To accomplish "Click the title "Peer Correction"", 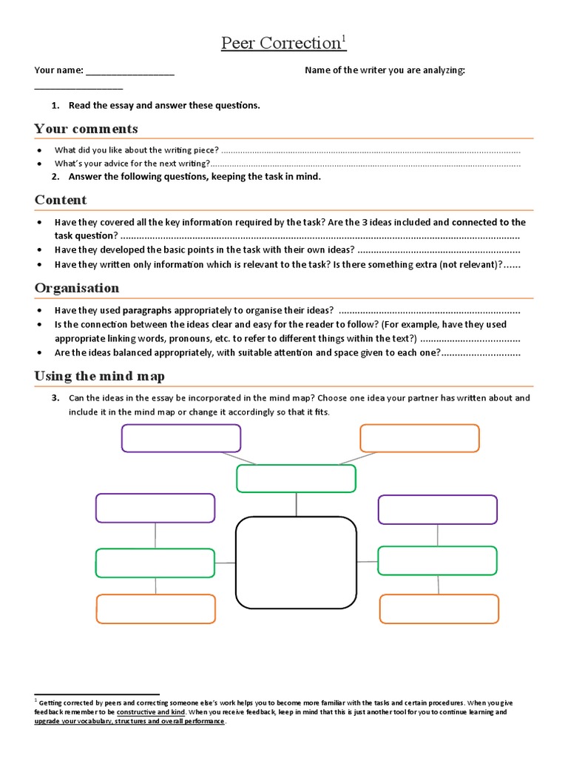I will coord(280,44).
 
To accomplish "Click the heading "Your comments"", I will coord(86,129).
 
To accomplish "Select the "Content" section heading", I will coord(61,200).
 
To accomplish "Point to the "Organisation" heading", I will coord(76,288).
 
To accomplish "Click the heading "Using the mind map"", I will coord(99,376).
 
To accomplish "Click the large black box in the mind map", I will coord(296,563).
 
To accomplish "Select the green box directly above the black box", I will coord(296,478).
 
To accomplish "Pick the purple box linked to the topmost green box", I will coord(181,438).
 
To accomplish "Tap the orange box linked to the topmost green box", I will coord(419,438).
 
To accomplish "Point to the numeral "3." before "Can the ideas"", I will coord(55,398).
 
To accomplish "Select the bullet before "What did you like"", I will coord(38,150).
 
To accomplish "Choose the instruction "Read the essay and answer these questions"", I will coord(163,105).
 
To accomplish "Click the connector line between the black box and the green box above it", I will coord(297,504).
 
